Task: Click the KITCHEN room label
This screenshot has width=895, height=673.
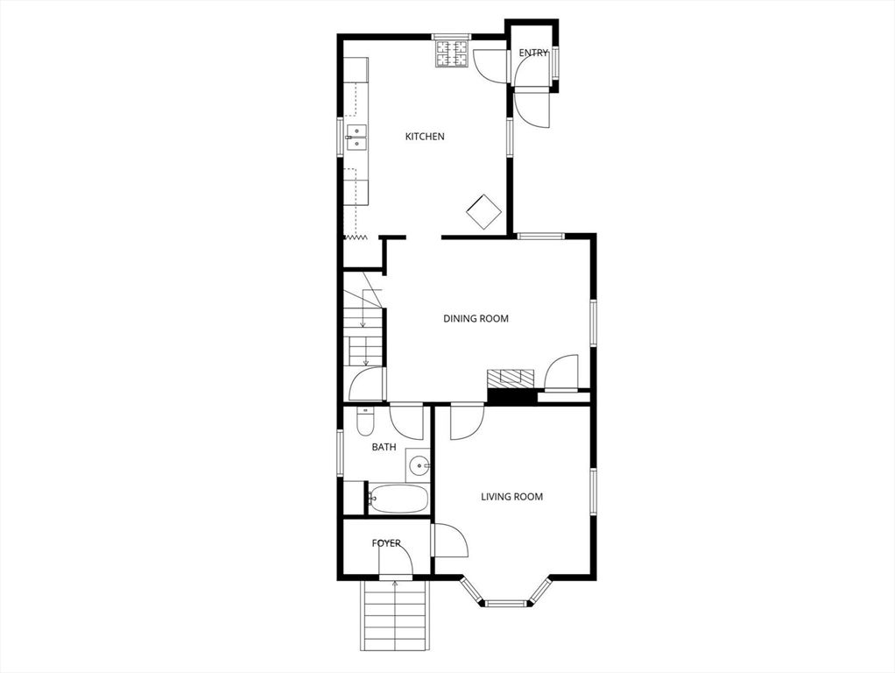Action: (x=425, y=137)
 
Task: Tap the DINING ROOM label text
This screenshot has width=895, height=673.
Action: (x=476, y=319)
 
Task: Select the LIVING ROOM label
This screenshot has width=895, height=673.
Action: (x=511, y=497)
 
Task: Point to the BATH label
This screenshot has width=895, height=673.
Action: (x=384, y=447)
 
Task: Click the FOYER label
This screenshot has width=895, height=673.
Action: (x=386, y=543)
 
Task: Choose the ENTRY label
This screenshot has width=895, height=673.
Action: (x=533, y=53)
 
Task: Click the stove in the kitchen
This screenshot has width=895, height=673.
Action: (x=453, y=54)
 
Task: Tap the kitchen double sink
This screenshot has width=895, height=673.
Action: (x=356, y=138)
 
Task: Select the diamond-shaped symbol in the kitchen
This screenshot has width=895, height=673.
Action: (x=483, y=211)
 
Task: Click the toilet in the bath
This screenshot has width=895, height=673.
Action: (x=365, y=423)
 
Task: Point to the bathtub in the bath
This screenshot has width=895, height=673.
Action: (x=398, y=499)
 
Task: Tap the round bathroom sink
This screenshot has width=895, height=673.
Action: (x=419, y=464)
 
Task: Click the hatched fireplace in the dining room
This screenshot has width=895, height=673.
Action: (x=510, y=379)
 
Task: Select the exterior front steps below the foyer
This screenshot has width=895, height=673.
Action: (x=395, y=618)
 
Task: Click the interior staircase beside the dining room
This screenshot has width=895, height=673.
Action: (x=363, y=329)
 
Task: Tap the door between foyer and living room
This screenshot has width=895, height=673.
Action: (x=449, y=540)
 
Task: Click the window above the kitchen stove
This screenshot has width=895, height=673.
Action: (x=452, y=37)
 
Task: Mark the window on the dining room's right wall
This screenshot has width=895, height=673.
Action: (x=593, y=322)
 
